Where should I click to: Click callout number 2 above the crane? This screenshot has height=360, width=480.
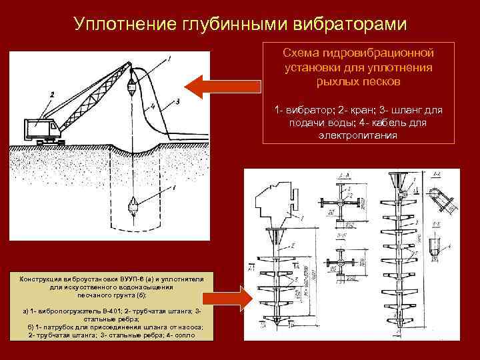[50, 95]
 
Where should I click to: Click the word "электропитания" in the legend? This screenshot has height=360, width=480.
[359, 135]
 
